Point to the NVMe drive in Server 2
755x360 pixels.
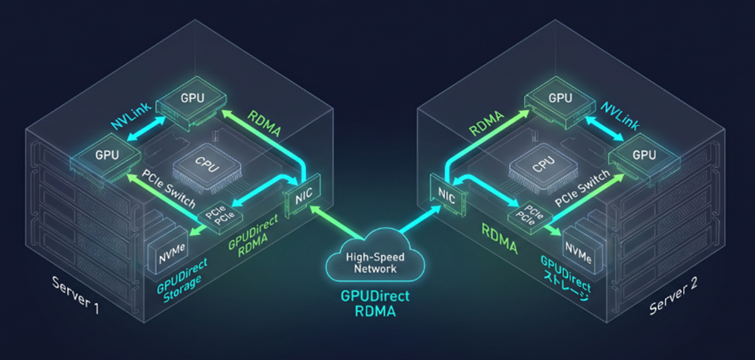578,247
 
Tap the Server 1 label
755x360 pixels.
75,295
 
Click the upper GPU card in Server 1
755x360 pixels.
191,99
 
